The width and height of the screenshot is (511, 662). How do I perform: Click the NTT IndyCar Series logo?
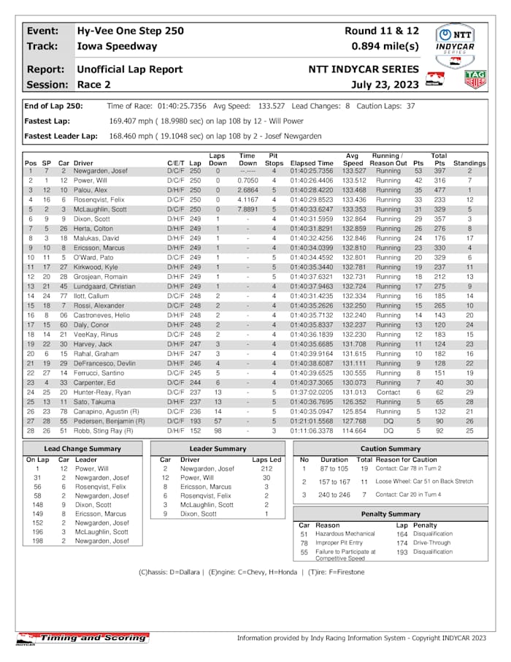(456, 41)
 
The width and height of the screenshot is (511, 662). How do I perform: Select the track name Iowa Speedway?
(117, 46)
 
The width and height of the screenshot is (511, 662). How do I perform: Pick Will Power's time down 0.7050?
(247, 180)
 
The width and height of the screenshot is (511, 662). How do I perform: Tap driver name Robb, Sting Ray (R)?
(104, 431)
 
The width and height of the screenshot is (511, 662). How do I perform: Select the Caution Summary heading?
(391, 449)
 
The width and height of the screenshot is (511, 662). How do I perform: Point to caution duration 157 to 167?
(334, 482)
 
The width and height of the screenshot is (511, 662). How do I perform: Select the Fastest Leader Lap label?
(61, 136)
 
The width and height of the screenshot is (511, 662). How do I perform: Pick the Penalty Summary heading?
(391, 514)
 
